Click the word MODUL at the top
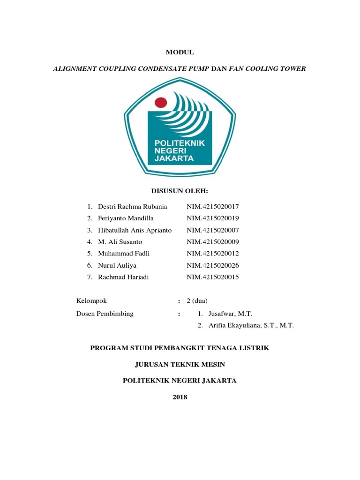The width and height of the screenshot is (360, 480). click(x=180, y=53)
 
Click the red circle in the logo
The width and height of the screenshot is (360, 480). click(x=161, y=102)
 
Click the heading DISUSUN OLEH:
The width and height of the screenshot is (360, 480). click(x=180, y=191)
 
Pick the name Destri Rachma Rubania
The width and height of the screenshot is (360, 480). click(x=132, y=207)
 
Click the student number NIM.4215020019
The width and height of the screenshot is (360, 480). click(x=213, y=218)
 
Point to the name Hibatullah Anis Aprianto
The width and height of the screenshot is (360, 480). click(x=135, y=230)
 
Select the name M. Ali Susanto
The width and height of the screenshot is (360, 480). click(x=120, y=242)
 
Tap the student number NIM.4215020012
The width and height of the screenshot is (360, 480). click(x=213, y=254)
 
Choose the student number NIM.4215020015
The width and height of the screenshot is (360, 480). click(x=213, y=277)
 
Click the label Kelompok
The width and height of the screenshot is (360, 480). click(x=92, y=300)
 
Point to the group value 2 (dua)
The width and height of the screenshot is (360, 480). click(x=197, y=300)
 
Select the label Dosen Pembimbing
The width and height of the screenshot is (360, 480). click(x=105, y=314)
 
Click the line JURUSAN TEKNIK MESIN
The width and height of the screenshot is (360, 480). click(x=180, y=364)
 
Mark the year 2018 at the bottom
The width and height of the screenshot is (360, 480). click(x=180, y=397)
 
